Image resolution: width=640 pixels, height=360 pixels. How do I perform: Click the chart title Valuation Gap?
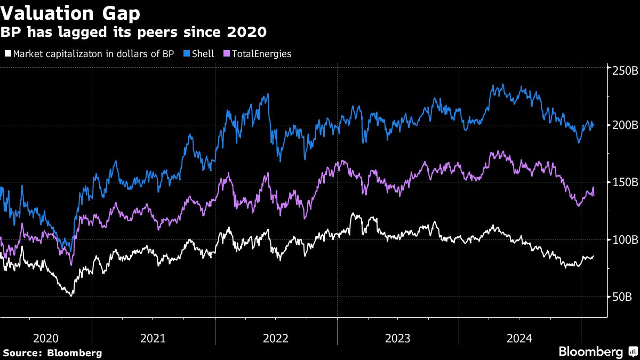point(70,13)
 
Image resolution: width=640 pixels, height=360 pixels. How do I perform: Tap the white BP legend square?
point(7,54)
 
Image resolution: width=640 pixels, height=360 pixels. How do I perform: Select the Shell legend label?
point(203,54)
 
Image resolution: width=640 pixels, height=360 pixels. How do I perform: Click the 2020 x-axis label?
point(46,338)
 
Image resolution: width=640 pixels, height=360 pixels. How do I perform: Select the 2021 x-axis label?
point(153,338)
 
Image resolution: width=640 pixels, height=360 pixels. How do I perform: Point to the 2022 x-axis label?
point(276,338)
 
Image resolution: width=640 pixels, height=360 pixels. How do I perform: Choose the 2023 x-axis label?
point(397,338)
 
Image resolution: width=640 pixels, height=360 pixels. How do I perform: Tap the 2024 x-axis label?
point(519,338)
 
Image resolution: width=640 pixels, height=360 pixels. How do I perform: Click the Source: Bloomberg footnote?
point(52,353)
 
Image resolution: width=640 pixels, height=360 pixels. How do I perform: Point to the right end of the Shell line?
point(594,126)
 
